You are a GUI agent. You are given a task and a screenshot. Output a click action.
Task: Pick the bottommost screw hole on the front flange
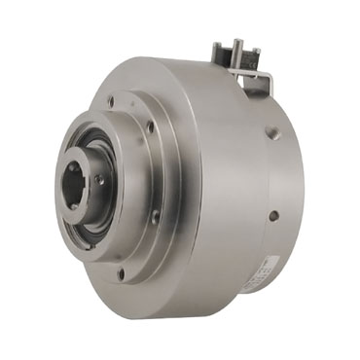[x=121, y=273]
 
